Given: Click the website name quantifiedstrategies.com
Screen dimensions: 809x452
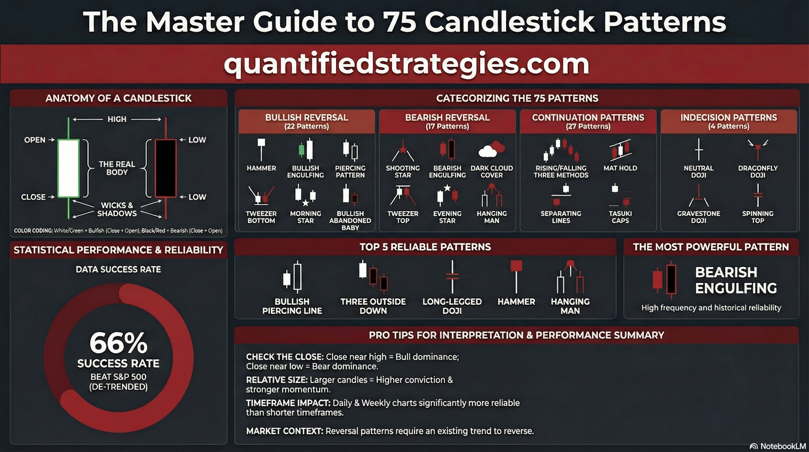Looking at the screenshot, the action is tap(406, 64).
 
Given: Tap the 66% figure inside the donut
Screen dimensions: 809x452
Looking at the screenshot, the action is tap(119, 343).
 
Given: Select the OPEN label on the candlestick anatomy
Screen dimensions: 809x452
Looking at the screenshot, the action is tap(35, 140).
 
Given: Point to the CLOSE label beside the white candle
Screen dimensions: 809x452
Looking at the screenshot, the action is tap(33, 197).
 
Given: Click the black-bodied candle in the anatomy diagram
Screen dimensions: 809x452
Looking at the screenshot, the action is tap(165, 168).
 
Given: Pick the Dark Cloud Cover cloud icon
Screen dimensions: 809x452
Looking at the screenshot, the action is tap(491, 150).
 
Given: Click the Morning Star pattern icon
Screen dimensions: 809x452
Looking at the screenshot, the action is tap(305, 195).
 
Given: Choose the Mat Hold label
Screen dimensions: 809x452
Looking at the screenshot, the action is tap(620, 168).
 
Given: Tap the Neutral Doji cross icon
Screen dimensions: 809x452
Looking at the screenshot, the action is tap(699, 149).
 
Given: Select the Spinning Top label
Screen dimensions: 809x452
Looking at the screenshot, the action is tap(758, 217).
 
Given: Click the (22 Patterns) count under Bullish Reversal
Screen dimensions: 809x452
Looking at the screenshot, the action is tap(307, 127).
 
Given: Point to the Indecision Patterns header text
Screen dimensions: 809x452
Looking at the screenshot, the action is tap(728, 118).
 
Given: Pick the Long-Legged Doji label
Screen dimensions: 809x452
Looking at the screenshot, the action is tap(452, 306).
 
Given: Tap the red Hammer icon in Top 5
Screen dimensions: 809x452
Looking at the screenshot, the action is tap(516, 276).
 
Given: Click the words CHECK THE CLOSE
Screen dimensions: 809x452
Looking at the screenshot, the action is tap(285, 357).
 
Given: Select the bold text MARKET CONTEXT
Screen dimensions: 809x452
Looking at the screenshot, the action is tap(285, 431).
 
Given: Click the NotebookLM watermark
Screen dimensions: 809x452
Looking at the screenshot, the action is tap(778, 446).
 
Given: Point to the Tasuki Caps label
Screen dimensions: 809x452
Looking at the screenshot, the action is tap(620, 217).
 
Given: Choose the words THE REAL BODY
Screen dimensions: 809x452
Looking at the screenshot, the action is tap(117, 168).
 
